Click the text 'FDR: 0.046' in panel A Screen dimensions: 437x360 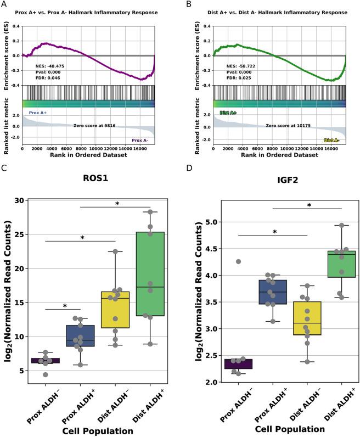click(x=48, y=78)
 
